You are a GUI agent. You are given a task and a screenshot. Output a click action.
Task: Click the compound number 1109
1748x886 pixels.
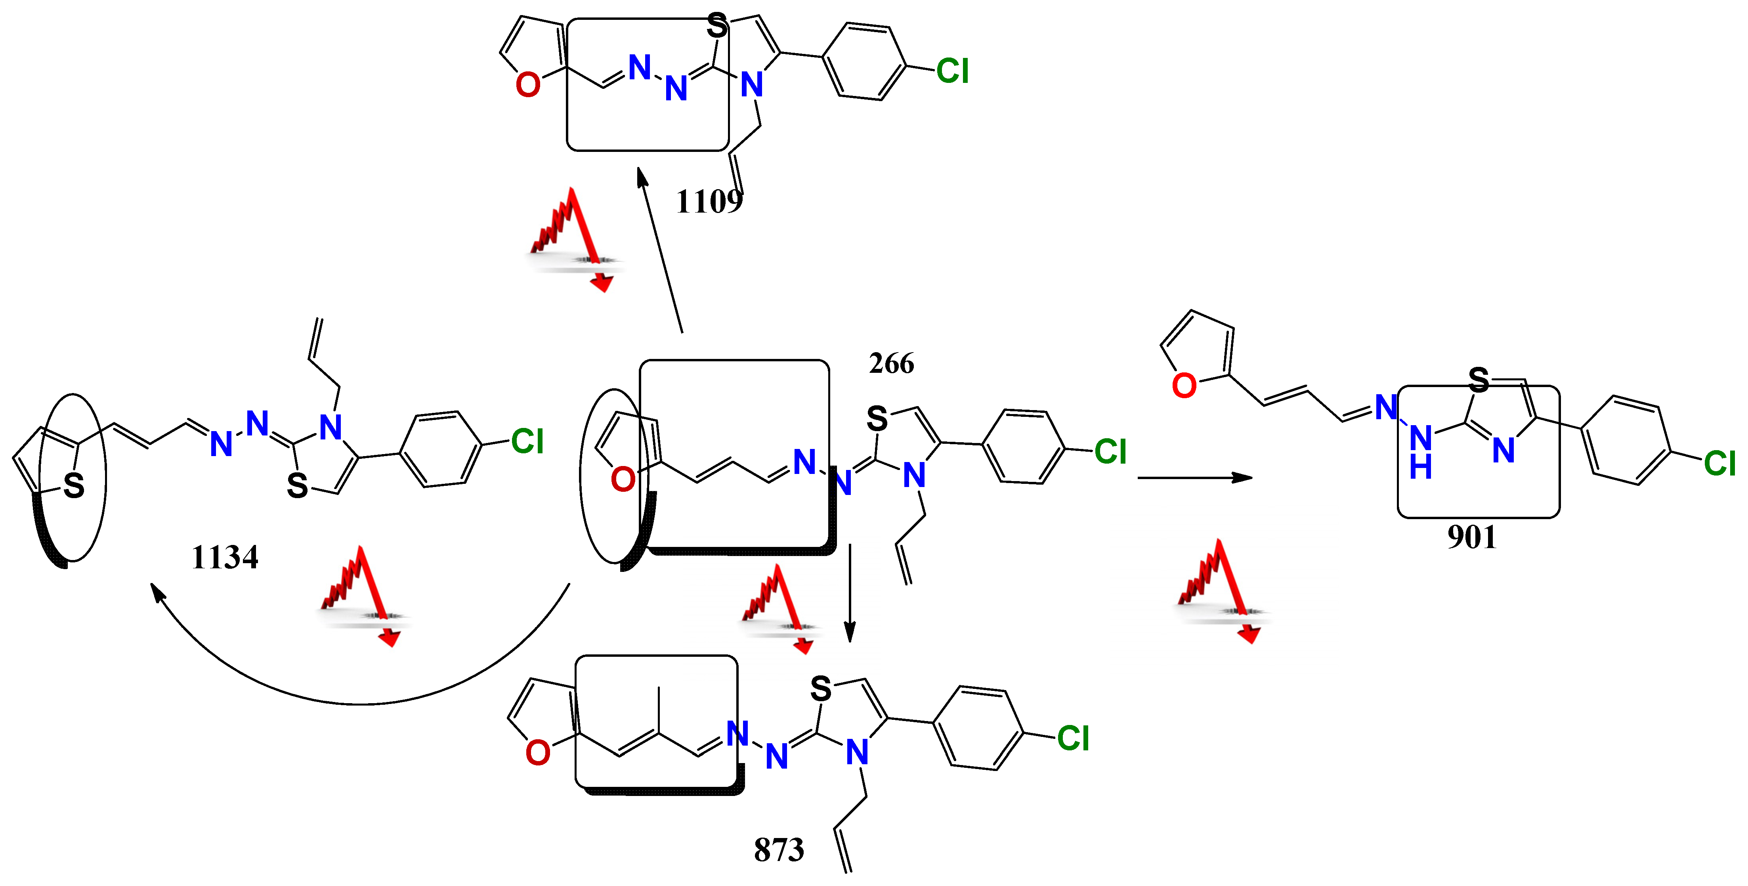(709, 201)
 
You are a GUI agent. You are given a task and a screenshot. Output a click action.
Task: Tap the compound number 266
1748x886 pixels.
(891, 364)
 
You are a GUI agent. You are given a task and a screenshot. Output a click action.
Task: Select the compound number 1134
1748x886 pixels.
(225, 557)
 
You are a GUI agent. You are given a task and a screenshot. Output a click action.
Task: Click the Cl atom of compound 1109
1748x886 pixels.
(952, 71)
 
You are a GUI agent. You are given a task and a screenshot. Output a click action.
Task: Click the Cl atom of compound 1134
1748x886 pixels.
(527, 442)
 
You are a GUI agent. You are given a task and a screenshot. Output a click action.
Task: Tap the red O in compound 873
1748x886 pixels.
(537, 753)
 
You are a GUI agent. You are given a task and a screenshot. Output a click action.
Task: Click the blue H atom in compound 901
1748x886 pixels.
(1420, 468)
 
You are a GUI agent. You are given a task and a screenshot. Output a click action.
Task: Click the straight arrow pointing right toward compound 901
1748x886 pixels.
(1194, 478)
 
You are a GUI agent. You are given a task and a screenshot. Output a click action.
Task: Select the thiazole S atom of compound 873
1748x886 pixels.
(820, 689)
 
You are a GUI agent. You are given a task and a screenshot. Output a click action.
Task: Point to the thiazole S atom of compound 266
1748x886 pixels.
(877, 419)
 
